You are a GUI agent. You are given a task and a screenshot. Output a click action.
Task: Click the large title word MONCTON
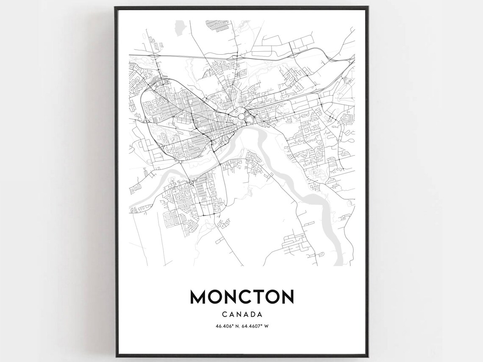(x=241, y=297)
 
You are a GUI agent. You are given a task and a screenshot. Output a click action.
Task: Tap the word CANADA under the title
(x=241, y=315)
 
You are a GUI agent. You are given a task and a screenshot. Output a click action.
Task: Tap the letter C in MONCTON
(x=240, y=297)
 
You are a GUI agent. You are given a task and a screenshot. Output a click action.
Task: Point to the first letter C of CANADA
(x=224, y=315)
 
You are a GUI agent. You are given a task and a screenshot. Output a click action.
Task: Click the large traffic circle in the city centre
(x=241, y=116)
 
